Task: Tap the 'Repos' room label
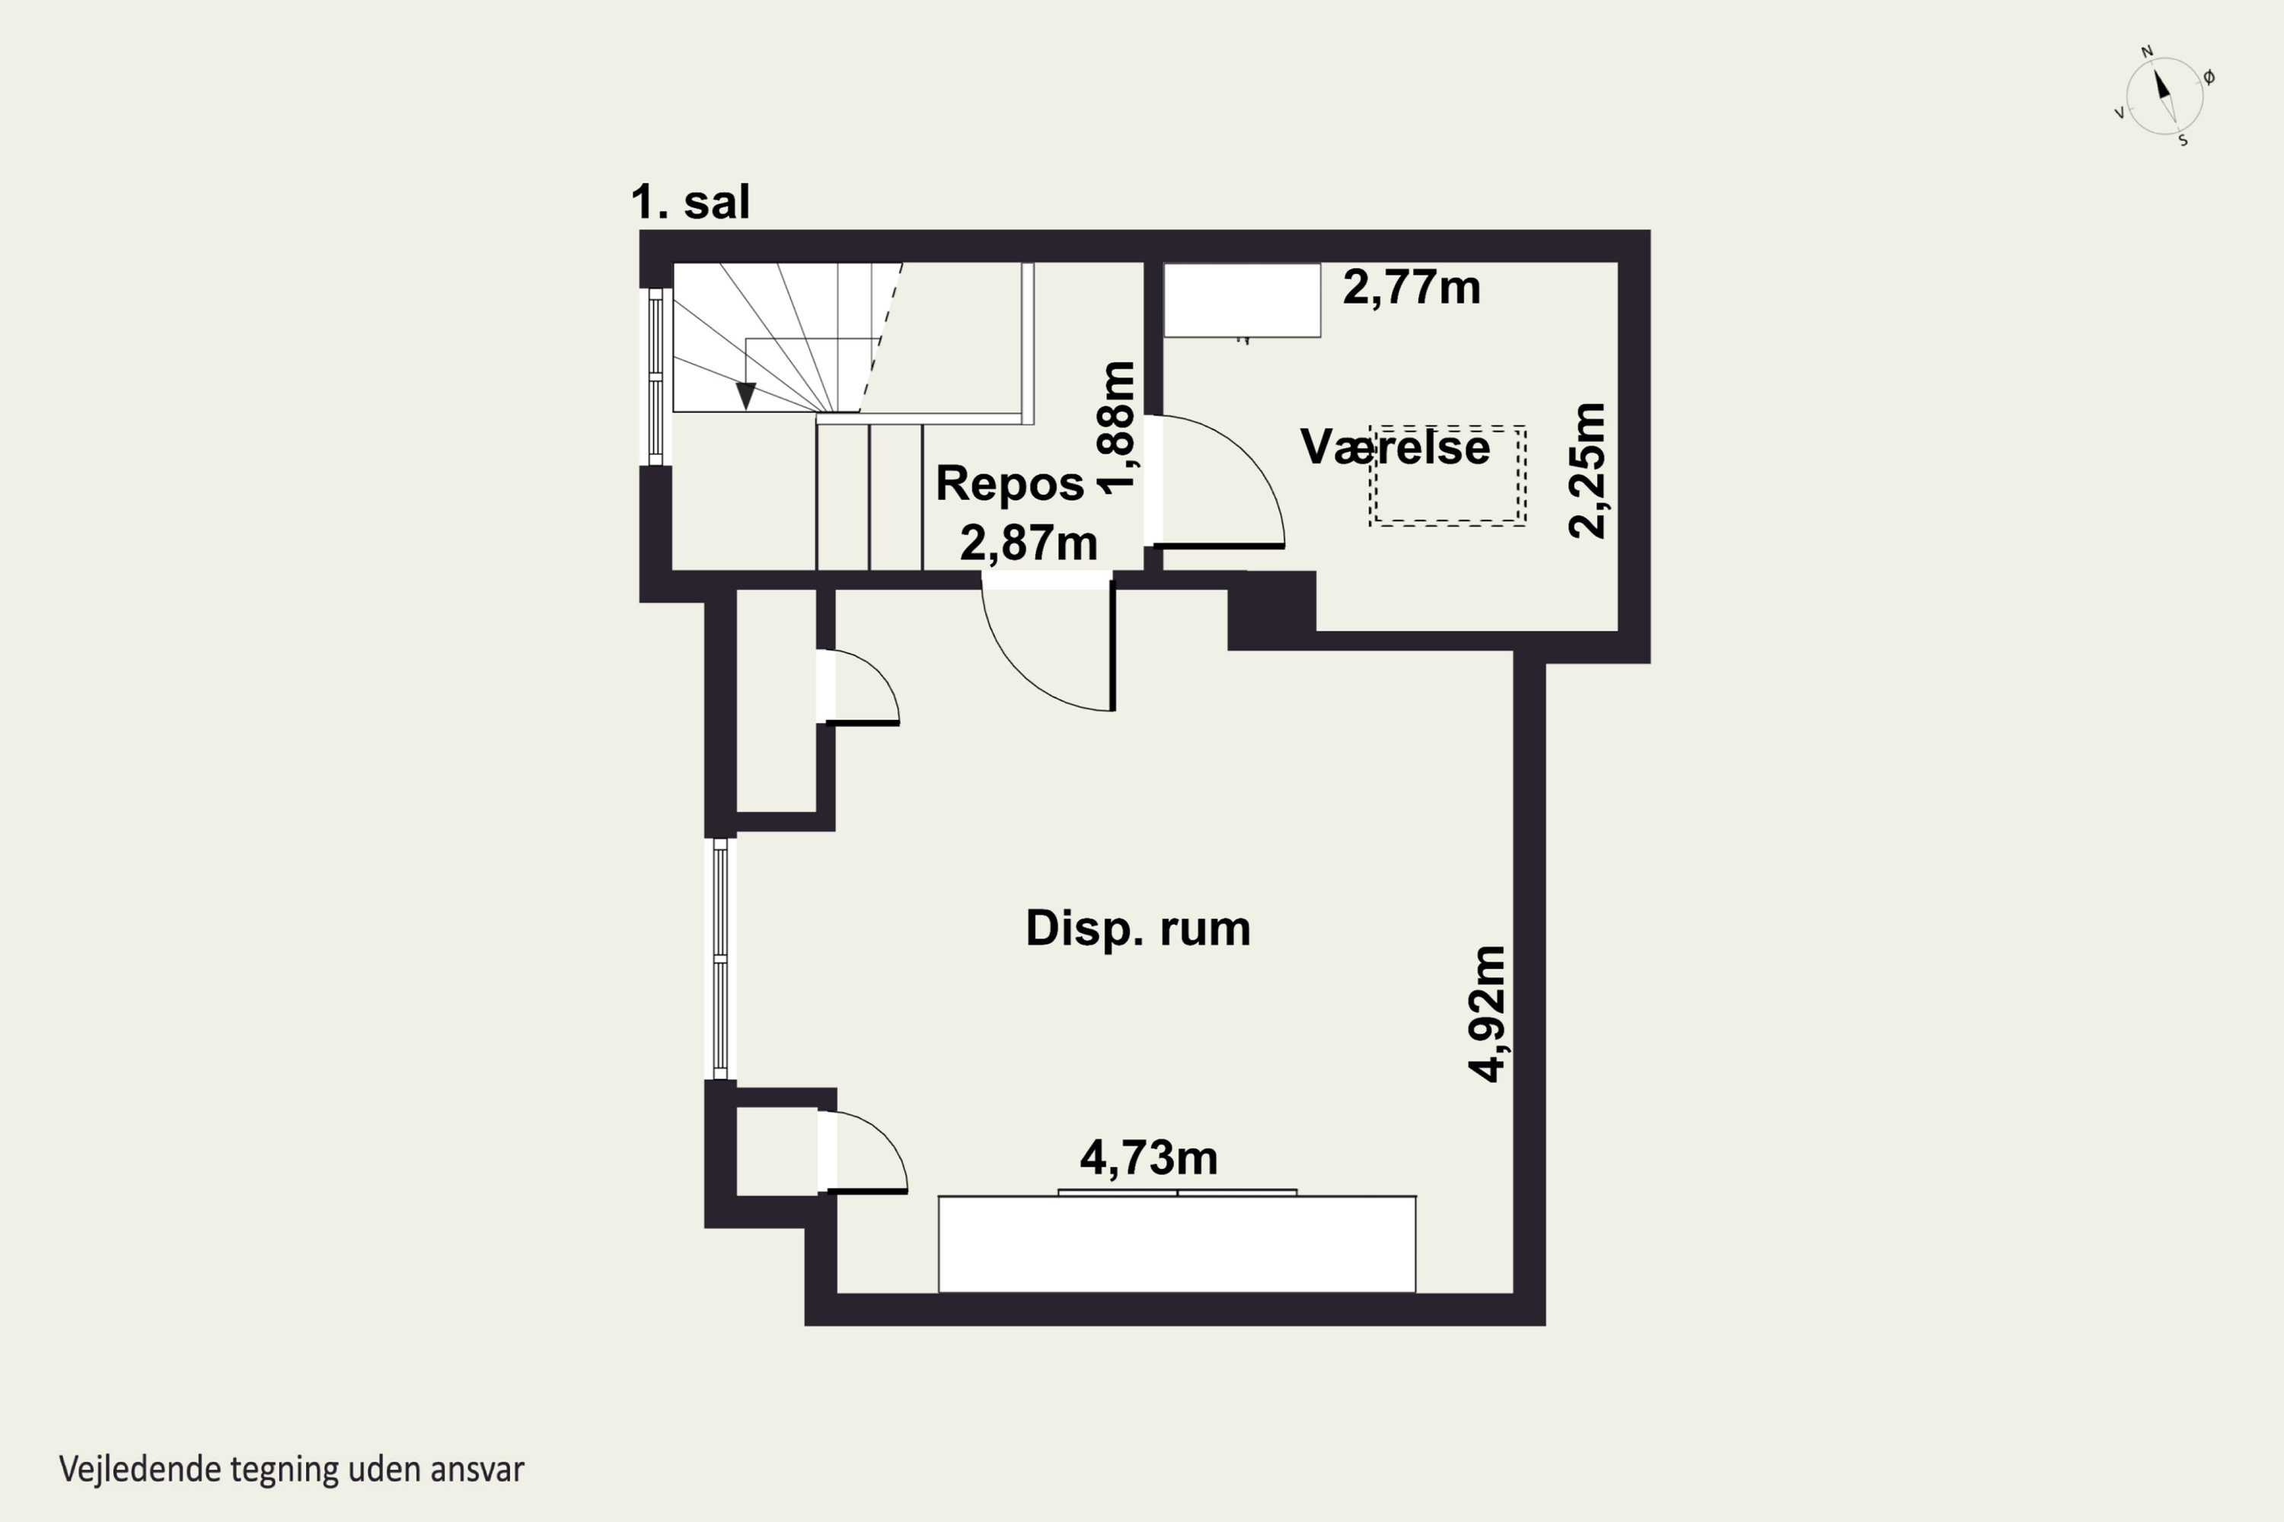(1010, 483)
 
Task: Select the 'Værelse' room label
(1396, 447)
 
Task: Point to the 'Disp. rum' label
(1138, 929)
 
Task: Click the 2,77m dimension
(1412, 288)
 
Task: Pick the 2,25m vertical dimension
(1587, 471)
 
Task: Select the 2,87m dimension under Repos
(1029, 543)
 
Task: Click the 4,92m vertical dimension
(1487, 1014)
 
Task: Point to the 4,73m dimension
(1149, 1158)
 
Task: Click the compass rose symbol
(2164, 96)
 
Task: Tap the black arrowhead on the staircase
(746, 395)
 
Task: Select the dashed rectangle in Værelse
(1448, 476)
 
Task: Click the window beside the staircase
(656, 377)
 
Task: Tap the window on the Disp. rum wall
(720, 959)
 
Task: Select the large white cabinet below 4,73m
(1177, 1243)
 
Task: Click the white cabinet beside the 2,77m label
(1242, 300)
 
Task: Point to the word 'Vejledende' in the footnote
(140, 1469)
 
